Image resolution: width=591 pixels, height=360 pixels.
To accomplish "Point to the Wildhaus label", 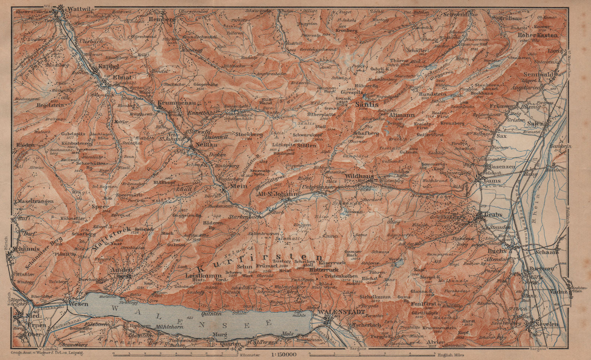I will pyautogui.click(x=357, y=177).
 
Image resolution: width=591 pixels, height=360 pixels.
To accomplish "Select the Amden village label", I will pyautogui.click(x=119, y=270).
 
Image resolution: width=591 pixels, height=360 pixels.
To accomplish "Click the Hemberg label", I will pyautogui.click(x=160, y=19).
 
